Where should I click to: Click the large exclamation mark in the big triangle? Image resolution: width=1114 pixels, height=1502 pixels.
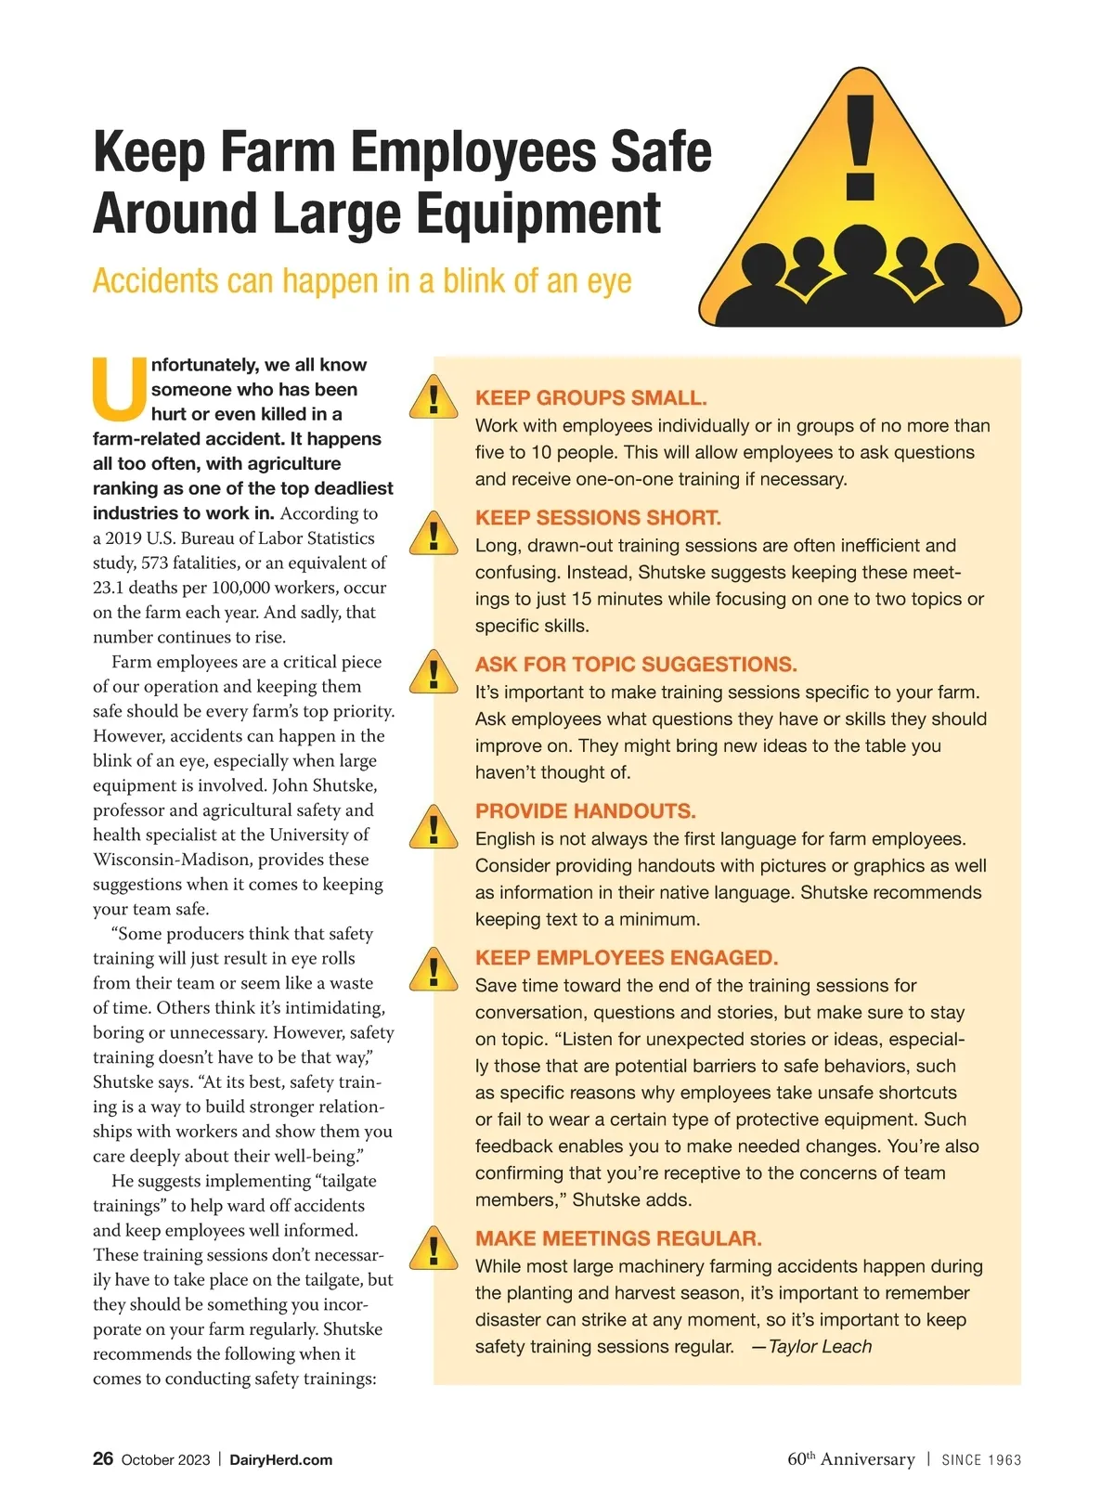pos(861,149)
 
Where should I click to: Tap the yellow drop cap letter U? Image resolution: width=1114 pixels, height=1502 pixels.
pos(120,388)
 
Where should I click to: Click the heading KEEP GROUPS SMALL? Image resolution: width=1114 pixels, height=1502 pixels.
pos(590,398)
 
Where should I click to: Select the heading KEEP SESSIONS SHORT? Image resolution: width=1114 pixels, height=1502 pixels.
pos(598,518)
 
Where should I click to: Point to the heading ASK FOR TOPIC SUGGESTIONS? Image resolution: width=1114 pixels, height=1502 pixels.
pos(636,665)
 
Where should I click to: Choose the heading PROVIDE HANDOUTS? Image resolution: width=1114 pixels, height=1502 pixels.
pos(585,811)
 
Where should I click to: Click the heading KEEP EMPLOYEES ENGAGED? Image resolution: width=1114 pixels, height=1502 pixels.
pos(627,958)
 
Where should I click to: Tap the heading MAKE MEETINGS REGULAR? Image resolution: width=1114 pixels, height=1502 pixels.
pos(618,1238)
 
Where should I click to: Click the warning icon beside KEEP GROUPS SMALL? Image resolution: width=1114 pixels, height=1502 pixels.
pos(433,397)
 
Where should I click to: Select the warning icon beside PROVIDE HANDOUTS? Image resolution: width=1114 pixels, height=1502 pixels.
pos(433,826)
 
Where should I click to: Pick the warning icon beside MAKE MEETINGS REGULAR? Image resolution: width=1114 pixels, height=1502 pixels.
pos(433,1249)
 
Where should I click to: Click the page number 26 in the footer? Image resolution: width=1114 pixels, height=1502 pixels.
pos(103,1458)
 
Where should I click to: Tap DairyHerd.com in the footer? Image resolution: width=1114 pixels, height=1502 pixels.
pos(280,1459)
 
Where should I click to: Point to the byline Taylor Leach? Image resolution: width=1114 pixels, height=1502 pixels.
pos(820,1347)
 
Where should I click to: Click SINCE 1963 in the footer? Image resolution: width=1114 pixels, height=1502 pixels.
pos(981,1460)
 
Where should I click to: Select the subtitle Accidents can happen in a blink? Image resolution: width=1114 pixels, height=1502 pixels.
pos(362,280)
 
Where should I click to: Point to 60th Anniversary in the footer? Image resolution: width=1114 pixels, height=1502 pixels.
pos(850,1459)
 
